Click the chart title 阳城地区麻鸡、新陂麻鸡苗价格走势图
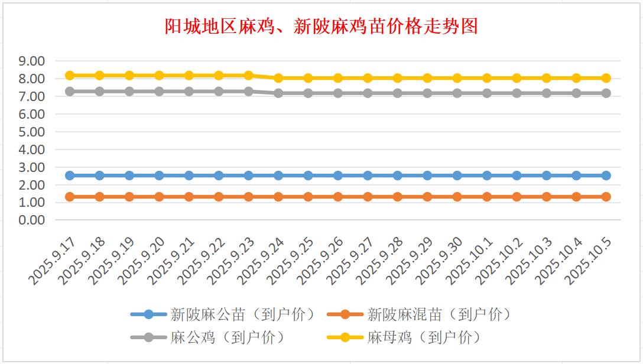pos(321,27)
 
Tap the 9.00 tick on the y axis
pos(32,61)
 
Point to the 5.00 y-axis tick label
pos(32,132)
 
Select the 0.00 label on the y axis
pos(32,220)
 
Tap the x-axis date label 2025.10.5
pos(589,260)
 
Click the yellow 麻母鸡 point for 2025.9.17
pos(70,76)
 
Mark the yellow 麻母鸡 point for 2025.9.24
pos(278,78)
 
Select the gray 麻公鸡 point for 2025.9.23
pos(249,92)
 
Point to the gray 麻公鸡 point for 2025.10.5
pos(606,93)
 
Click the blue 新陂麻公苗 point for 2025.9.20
pos(159,175)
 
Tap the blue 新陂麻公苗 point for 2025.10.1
pos(487,175)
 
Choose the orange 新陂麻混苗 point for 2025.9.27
pos(368,197)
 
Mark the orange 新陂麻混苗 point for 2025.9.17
pos(70,197)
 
